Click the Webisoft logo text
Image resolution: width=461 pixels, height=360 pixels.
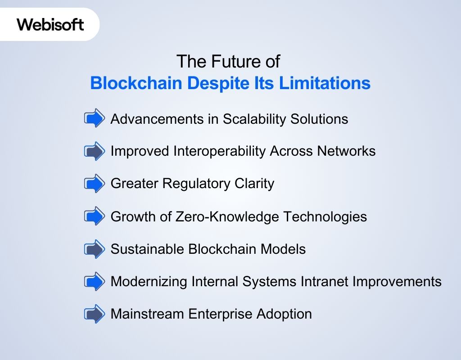pos(50,24)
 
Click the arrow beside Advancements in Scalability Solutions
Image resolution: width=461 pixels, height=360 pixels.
pos(95,119)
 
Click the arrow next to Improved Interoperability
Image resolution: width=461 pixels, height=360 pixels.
pos(95,151)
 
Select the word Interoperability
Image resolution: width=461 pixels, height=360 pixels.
pos(220,151)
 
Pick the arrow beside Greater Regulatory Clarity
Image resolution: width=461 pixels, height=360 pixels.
pos(95,184)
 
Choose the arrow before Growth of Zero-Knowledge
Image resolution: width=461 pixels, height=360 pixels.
pos(95,216)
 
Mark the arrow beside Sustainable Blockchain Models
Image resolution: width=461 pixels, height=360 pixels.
pos(95,249)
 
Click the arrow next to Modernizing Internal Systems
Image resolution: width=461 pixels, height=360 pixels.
pos(95,281)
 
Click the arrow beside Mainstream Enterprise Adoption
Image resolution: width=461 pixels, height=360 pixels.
pos(95,314)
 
